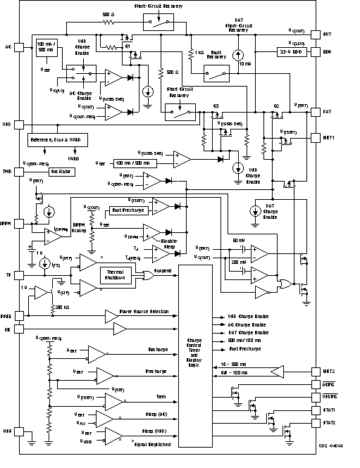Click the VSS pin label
tap(8, 430)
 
